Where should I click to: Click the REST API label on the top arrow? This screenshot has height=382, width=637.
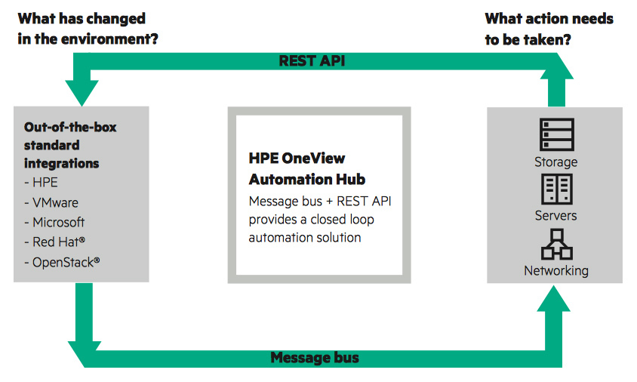pos(312,61)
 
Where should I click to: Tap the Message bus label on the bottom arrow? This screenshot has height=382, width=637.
pos(315,358)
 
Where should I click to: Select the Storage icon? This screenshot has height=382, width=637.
pos(556,134)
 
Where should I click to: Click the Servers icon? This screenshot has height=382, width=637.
pos(556,189)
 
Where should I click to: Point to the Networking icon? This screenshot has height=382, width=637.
pos(556,245)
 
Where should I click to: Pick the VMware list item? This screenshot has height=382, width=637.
pos(51,202)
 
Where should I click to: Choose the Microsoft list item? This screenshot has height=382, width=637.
pos(54,222)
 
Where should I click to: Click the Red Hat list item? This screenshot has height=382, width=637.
pos(54,242)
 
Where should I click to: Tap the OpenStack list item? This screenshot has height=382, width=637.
pos(62,262)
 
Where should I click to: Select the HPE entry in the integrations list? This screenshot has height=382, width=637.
pos(41,182)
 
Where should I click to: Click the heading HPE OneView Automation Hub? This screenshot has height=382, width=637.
pos(307,168)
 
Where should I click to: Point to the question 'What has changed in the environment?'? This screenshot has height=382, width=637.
pos(88,29)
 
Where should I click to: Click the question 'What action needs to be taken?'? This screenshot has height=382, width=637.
pos(549,29)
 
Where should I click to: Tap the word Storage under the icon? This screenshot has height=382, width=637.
pos(555,162)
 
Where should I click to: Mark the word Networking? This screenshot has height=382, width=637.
pos(556,271)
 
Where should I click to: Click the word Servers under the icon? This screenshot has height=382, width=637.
pos(555,215)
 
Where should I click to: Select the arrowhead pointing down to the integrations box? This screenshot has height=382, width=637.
pos(82,93)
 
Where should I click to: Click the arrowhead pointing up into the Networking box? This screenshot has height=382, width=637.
pos(553,299)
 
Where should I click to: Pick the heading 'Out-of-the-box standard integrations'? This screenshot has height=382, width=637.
pos(70,145)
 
